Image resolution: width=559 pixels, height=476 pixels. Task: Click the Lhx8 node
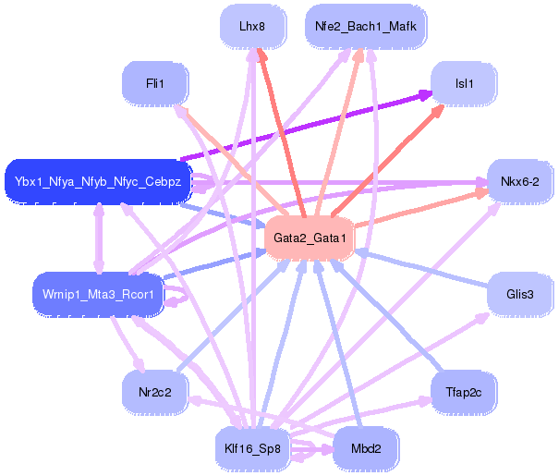251,27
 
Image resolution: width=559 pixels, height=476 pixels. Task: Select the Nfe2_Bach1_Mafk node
365,27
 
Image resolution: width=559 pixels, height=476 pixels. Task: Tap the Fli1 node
154,84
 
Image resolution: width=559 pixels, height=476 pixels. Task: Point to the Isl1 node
464,84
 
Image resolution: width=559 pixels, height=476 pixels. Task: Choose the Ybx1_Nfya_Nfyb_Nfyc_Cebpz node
98,181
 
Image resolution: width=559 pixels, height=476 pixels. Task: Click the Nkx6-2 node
519,181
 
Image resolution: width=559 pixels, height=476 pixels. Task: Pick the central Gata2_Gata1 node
310,238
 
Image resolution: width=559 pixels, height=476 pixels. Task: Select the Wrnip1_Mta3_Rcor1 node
98,295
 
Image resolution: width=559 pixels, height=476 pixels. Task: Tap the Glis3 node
519,295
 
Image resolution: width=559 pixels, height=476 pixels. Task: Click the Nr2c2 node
154,391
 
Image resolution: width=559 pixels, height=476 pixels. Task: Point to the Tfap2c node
464,391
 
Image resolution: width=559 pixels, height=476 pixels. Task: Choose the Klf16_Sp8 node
251,448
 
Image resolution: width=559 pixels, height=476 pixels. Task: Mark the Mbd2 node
365,448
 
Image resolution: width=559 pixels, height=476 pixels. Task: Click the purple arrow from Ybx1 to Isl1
305,126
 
